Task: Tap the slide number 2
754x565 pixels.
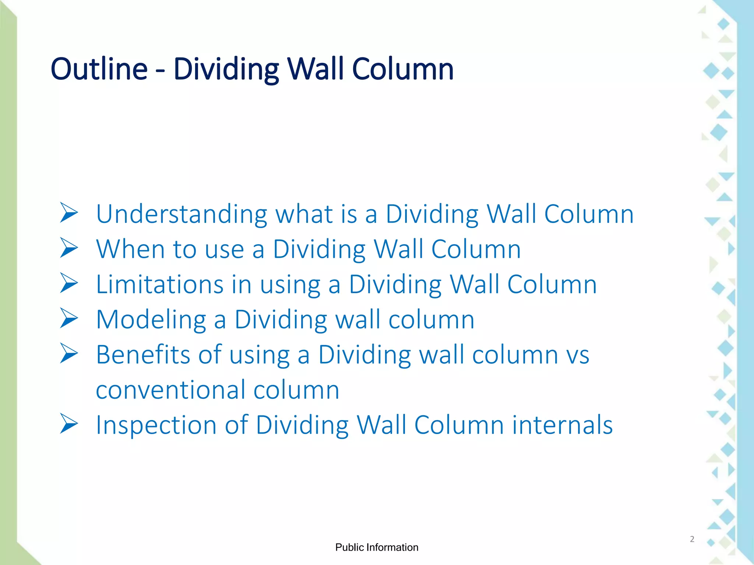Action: (x=692, y=539)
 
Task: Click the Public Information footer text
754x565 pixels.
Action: (x=377, y=547)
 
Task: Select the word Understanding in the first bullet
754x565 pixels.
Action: (x=182, y=214)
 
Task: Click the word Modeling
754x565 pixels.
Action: (x=151, y=319)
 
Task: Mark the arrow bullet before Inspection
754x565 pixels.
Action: (x=69, y=424)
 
